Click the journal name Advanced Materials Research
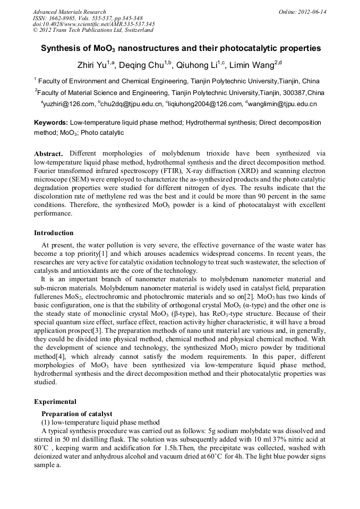pyautogui.click(x=69, y=12)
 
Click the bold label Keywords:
pyautogui.click(x=51, y=123)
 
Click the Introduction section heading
pyautogui.click(x=54, y=233)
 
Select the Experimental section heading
pyautogui.click(x=55, y=402)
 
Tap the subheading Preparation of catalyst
pyautogui.click(x=76, y=414)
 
